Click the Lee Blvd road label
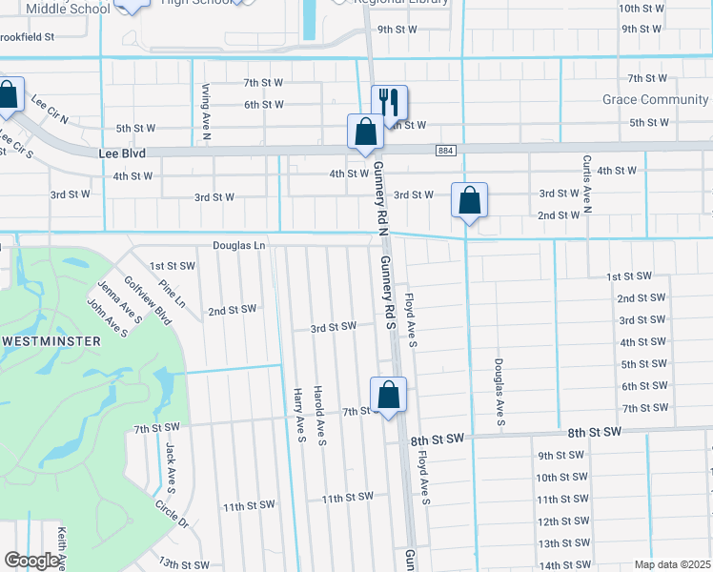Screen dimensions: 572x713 coord(121,152)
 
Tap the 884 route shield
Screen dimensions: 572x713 coord(445,151)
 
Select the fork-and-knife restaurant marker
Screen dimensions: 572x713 coord(389,101)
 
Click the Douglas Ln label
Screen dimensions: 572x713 coord(238,245)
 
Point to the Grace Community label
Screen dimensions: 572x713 coord(655,99)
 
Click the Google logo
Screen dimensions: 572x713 coord(31,560)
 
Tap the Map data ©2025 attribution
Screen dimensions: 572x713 coord(673,564)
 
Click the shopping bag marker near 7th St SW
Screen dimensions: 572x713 coord(389,396)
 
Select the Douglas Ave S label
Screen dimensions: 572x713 coord(499,393)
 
